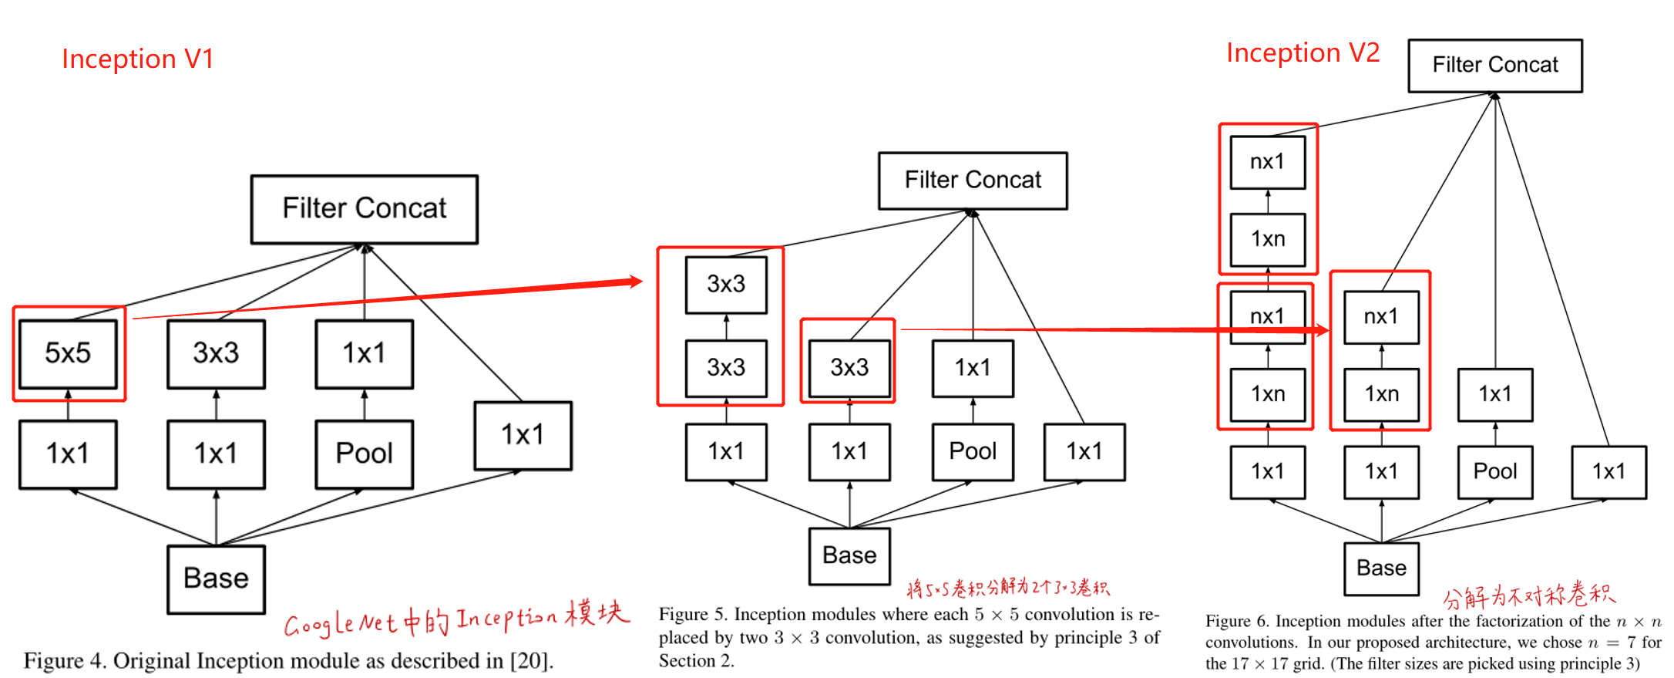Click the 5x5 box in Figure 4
(x=68, y=353)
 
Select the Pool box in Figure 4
(x=364, y=454)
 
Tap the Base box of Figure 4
(x=216, y=578)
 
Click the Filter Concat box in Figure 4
(x=364, y=208)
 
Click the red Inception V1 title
(x=137, y=59)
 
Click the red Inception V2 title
(x=1303, y=52)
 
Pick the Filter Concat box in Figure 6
(x=1494, y=65)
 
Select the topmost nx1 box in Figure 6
(x=1267, y=162)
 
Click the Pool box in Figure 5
(x=973, y=451)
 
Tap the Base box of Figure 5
(x=849, y=555)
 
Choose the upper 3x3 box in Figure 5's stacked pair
(x=726, y=284)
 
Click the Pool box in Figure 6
(x=1494, y=471)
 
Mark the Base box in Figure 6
(x=1381, y=568)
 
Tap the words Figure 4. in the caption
(x=65, y=661)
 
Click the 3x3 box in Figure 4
(x=216, y=353)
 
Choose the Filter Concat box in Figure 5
(x=973, y=180)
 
